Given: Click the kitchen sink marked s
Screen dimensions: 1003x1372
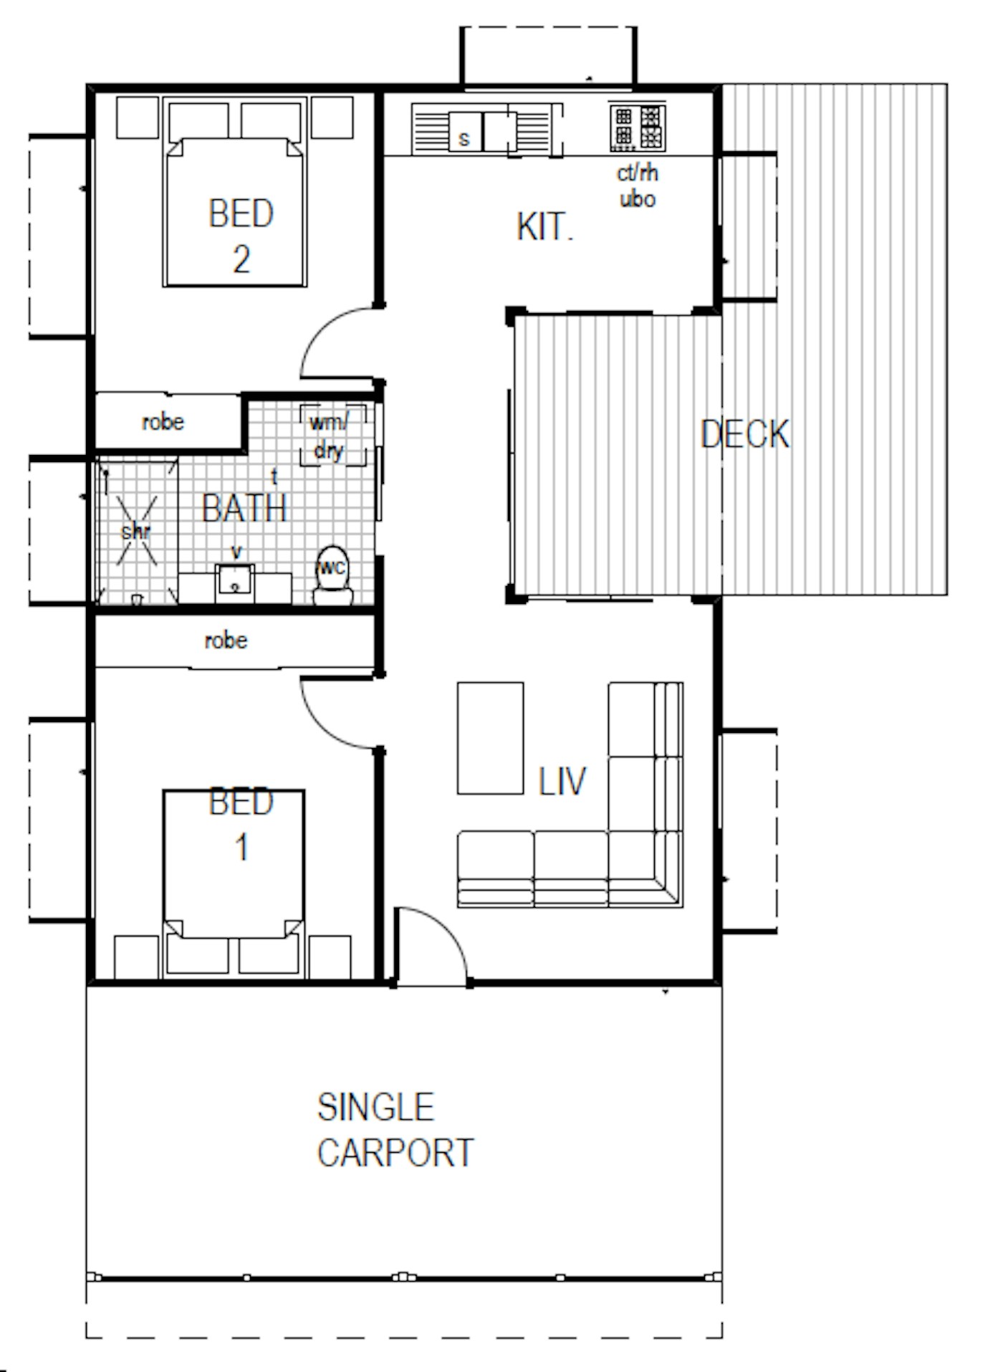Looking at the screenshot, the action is point(464,132).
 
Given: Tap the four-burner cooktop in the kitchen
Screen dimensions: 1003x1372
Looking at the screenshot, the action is point(637,128).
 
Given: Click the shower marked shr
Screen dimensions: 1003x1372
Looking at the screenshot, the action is point(136,532).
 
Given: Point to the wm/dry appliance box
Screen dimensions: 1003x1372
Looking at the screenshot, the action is point(332,435).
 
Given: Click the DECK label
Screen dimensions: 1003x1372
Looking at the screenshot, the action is point(745,434).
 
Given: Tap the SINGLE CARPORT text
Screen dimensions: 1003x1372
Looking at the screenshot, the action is point(395,1130).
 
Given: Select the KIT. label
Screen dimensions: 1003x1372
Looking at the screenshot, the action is point(544,227).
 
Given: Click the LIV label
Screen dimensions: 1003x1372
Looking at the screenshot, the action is point(562,781).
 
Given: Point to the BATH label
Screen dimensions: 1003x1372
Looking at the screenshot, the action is point(244,509).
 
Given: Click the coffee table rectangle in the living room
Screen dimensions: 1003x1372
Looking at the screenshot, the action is point(490,738).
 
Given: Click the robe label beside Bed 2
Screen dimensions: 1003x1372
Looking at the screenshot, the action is point(163,422).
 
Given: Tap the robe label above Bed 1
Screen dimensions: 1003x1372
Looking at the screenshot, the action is point(226,640).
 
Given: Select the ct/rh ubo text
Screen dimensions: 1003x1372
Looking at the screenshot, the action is point(638,186).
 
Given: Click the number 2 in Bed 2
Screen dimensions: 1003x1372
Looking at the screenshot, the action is point(241,259).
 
